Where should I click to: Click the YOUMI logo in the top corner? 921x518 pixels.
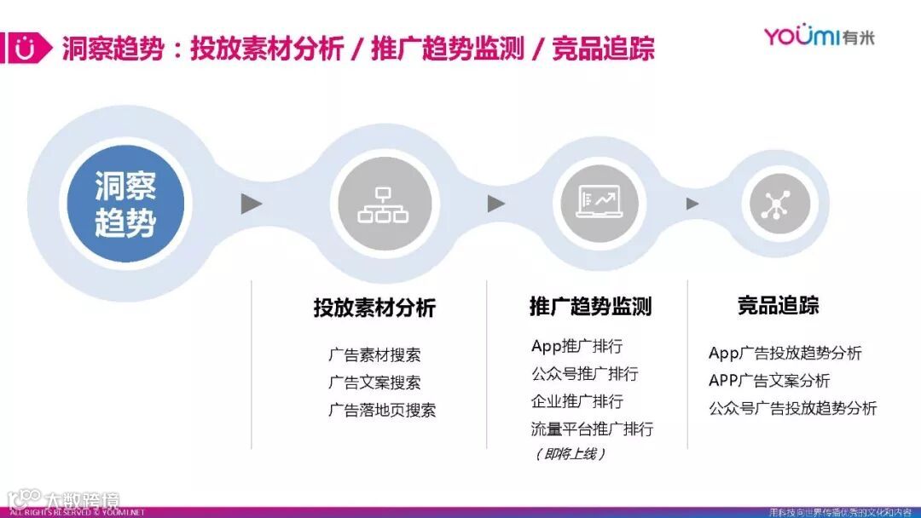coord(819,36)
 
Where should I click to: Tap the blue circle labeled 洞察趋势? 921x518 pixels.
coord(125,204)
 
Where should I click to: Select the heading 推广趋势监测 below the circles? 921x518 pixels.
coord(590,306)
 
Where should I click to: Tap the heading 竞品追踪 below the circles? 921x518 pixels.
coord(778,306)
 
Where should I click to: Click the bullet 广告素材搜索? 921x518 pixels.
coord(374,355)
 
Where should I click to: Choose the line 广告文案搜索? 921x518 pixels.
coord(374,383)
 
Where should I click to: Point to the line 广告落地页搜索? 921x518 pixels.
coord(382,410)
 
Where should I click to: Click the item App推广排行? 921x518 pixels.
coord(576,346)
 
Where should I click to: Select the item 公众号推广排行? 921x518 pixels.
coord(584,373)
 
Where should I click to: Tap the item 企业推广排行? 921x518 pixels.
coord(576,400)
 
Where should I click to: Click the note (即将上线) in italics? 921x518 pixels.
coord(570,454)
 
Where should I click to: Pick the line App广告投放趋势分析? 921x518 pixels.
coord(785,353)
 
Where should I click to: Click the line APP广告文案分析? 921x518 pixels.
coord(768,380)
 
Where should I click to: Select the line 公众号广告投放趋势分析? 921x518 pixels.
coord(792,408)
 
